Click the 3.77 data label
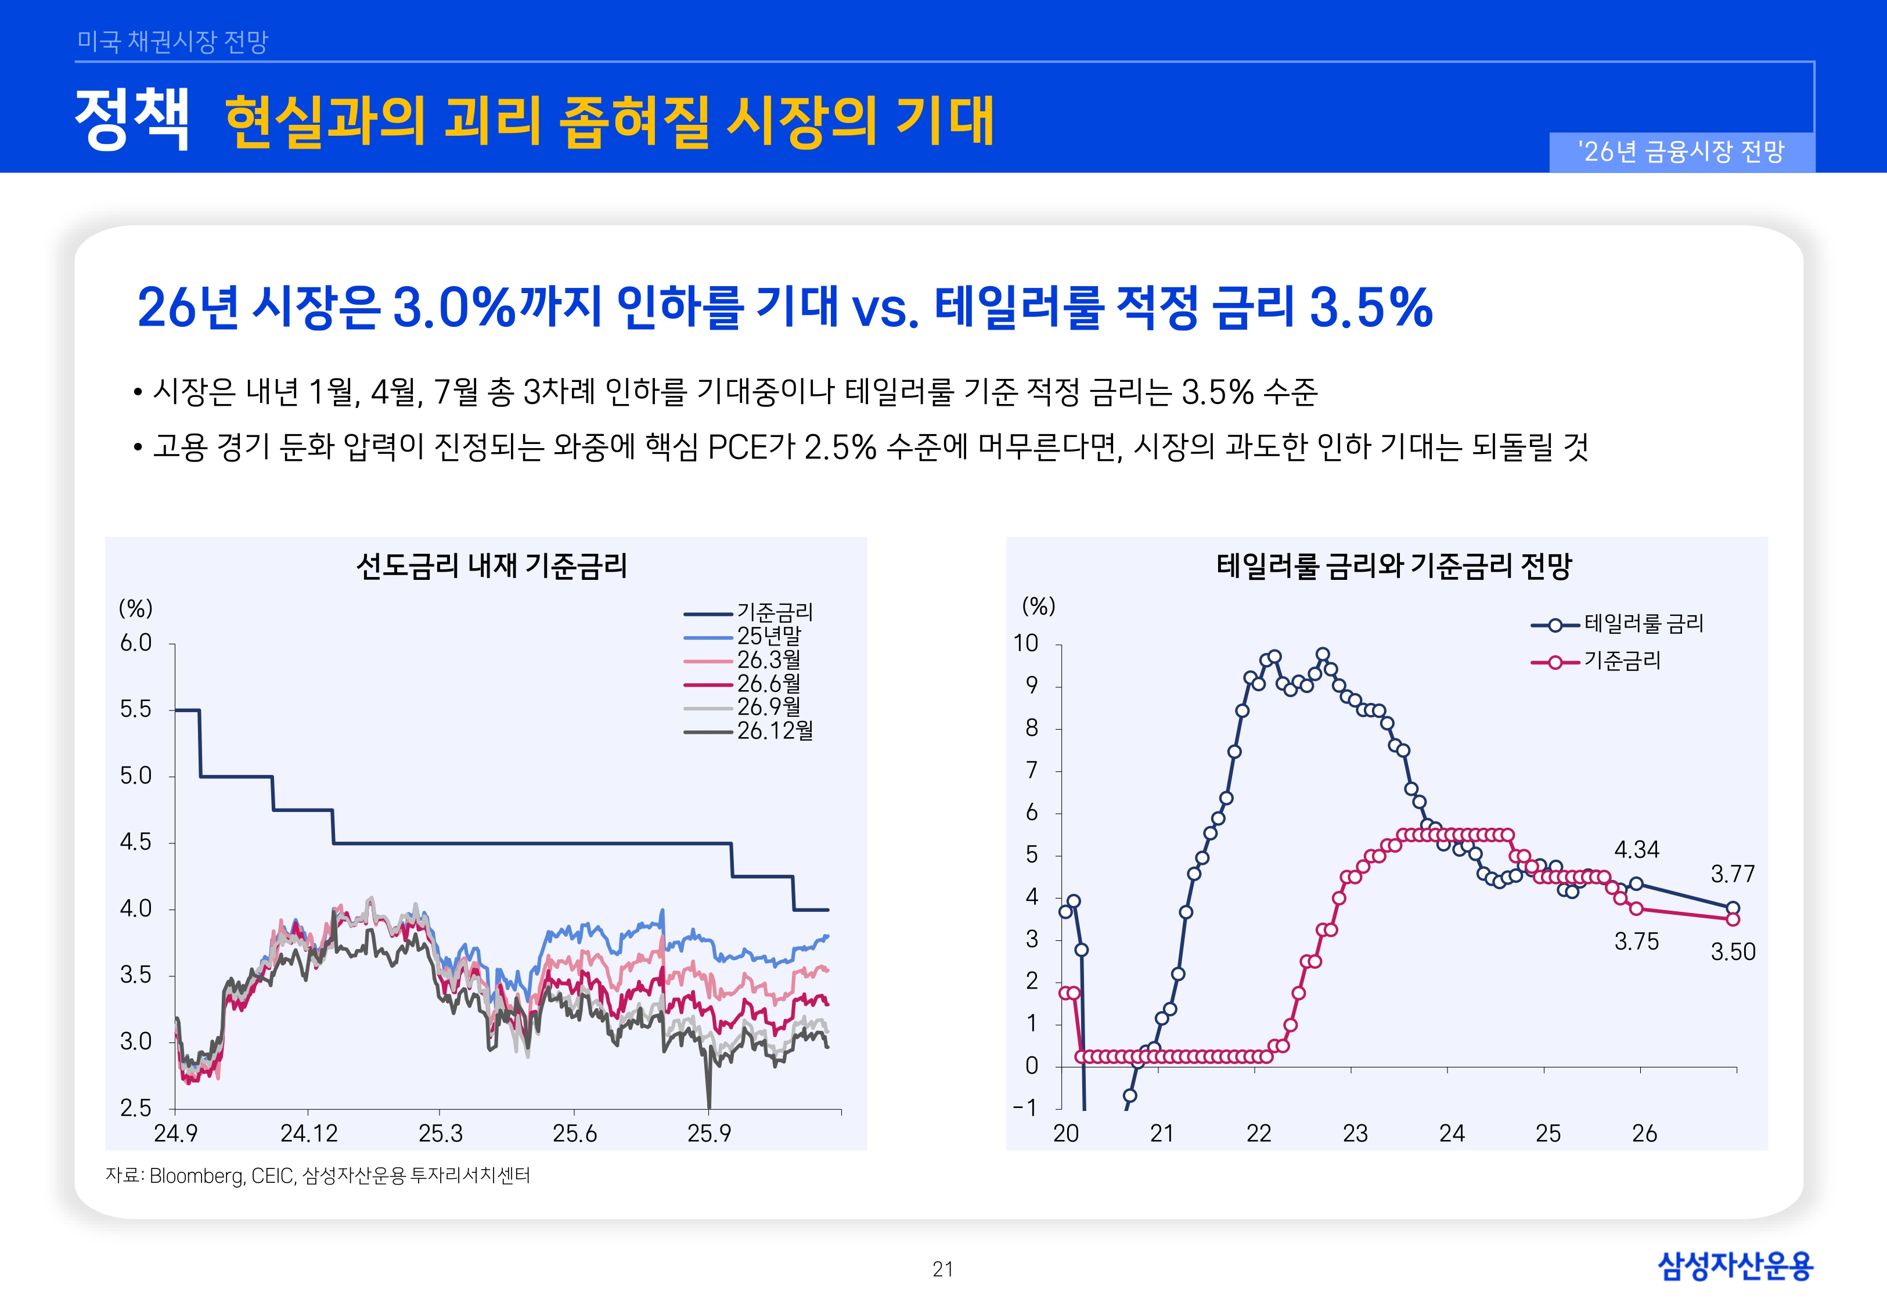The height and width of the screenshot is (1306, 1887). tap(1733, 874)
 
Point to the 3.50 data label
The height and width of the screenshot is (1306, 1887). tap(1733, 952)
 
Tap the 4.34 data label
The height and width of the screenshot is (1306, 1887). tap(1636, 849)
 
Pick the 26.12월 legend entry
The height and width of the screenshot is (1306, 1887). tap(774, 731)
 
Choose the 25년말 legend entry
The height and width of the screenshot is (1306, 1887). tap(768, 636)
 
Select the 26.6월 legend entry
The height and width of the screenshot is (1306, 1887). tap(768, 683)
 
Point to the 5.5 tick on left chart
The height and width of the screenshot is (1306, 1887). tap(136, 709)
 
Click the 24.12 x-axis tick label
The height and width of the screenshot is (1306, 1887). tap(308, 1134)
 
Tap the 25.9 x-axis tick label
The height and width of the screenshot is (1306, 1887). tap(709, 1134)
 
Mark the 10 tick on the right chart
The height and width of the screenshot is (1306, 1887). tap(1025, 643)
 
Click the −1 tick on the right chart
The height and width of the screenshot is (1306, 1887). tap(1025, 1108)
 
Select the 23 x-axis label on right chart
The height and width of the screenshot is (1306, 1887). tap(1355, 1134)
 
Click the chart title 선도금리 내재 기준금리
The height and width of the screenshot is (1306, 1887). tap(491, 565)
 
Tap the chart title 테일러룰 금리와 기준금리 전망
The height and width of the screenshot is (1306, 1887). tap(1393, 565)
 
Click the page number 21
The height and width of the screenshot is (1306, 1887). tap(943, 1269)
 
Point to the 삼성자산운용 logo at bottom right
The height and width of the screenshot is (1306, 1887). tap(1735, 1266)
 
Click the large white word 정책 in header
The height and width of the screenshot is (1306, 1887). tap(132, 120)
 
